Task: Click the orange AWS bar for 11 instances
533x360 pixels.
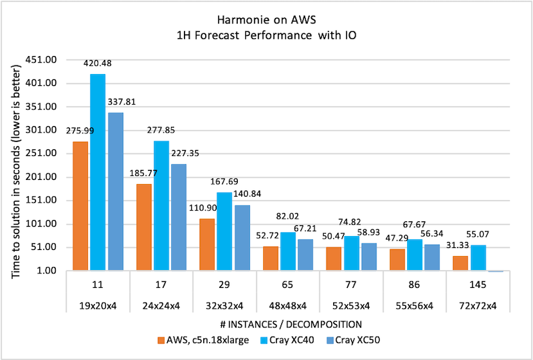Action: coord(81,206)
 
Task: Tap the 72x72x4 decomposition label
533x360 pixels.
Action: coord(478,306)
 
